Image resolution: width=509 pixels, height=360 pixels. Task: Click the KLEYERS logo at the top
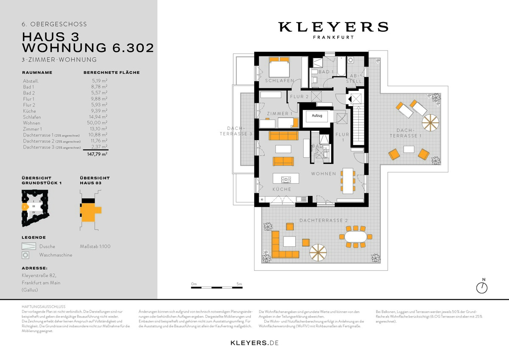333,27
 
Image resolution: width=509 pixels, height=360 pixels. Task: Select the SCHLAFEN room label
280,81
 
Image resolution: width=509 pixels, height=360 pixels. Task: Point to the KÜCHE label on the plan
282,189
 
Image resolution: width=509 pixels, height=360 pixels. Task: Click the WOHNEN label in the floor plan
323,174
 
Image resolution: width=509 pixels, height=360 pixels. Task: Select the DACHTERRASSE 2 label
324,221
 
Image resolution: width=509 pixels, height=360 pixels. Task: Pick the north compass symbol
482,287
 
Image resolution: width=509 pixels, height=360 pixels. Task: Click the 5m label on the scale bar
239,284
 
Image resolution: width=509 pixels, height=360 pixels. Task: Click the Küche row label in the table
29,111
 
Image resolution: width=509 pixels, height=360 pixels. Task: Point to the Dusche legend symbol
29,246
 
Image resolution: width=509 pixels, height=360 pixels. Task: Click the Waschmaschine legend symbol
26,255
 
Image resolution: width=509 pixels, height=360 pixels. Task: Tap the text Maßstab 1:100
95,246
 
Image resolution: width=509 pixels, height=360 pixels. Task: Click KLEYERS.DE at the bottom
255,343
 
